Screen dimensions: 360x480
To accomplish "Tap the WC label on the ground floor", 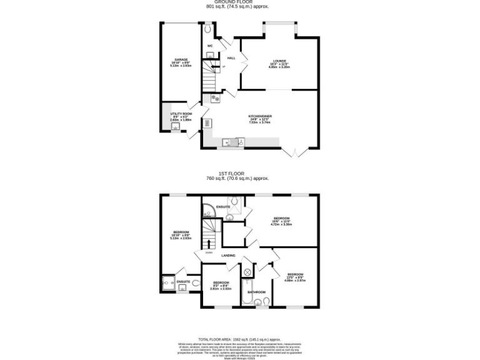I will [x=210, y=46].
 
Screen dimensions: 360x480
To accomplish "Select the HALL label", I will [x=231, y=58].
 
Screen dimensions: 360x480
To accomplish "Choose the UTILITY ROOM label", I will [x=181, y=114].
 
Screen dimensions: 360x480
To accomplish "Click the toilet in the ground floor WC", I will [x=208, y=29].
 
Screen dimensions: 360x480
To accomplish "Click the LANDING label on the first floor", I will [x=229, y=254].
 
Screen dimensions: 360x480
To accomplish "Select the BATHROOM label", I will [x=256, y=292].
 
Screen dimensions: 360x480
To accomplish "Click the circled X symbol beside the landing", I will [x=247, y=272].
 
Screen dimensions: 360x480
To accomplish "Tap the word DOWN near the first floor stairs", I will [x=199, y=252].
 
